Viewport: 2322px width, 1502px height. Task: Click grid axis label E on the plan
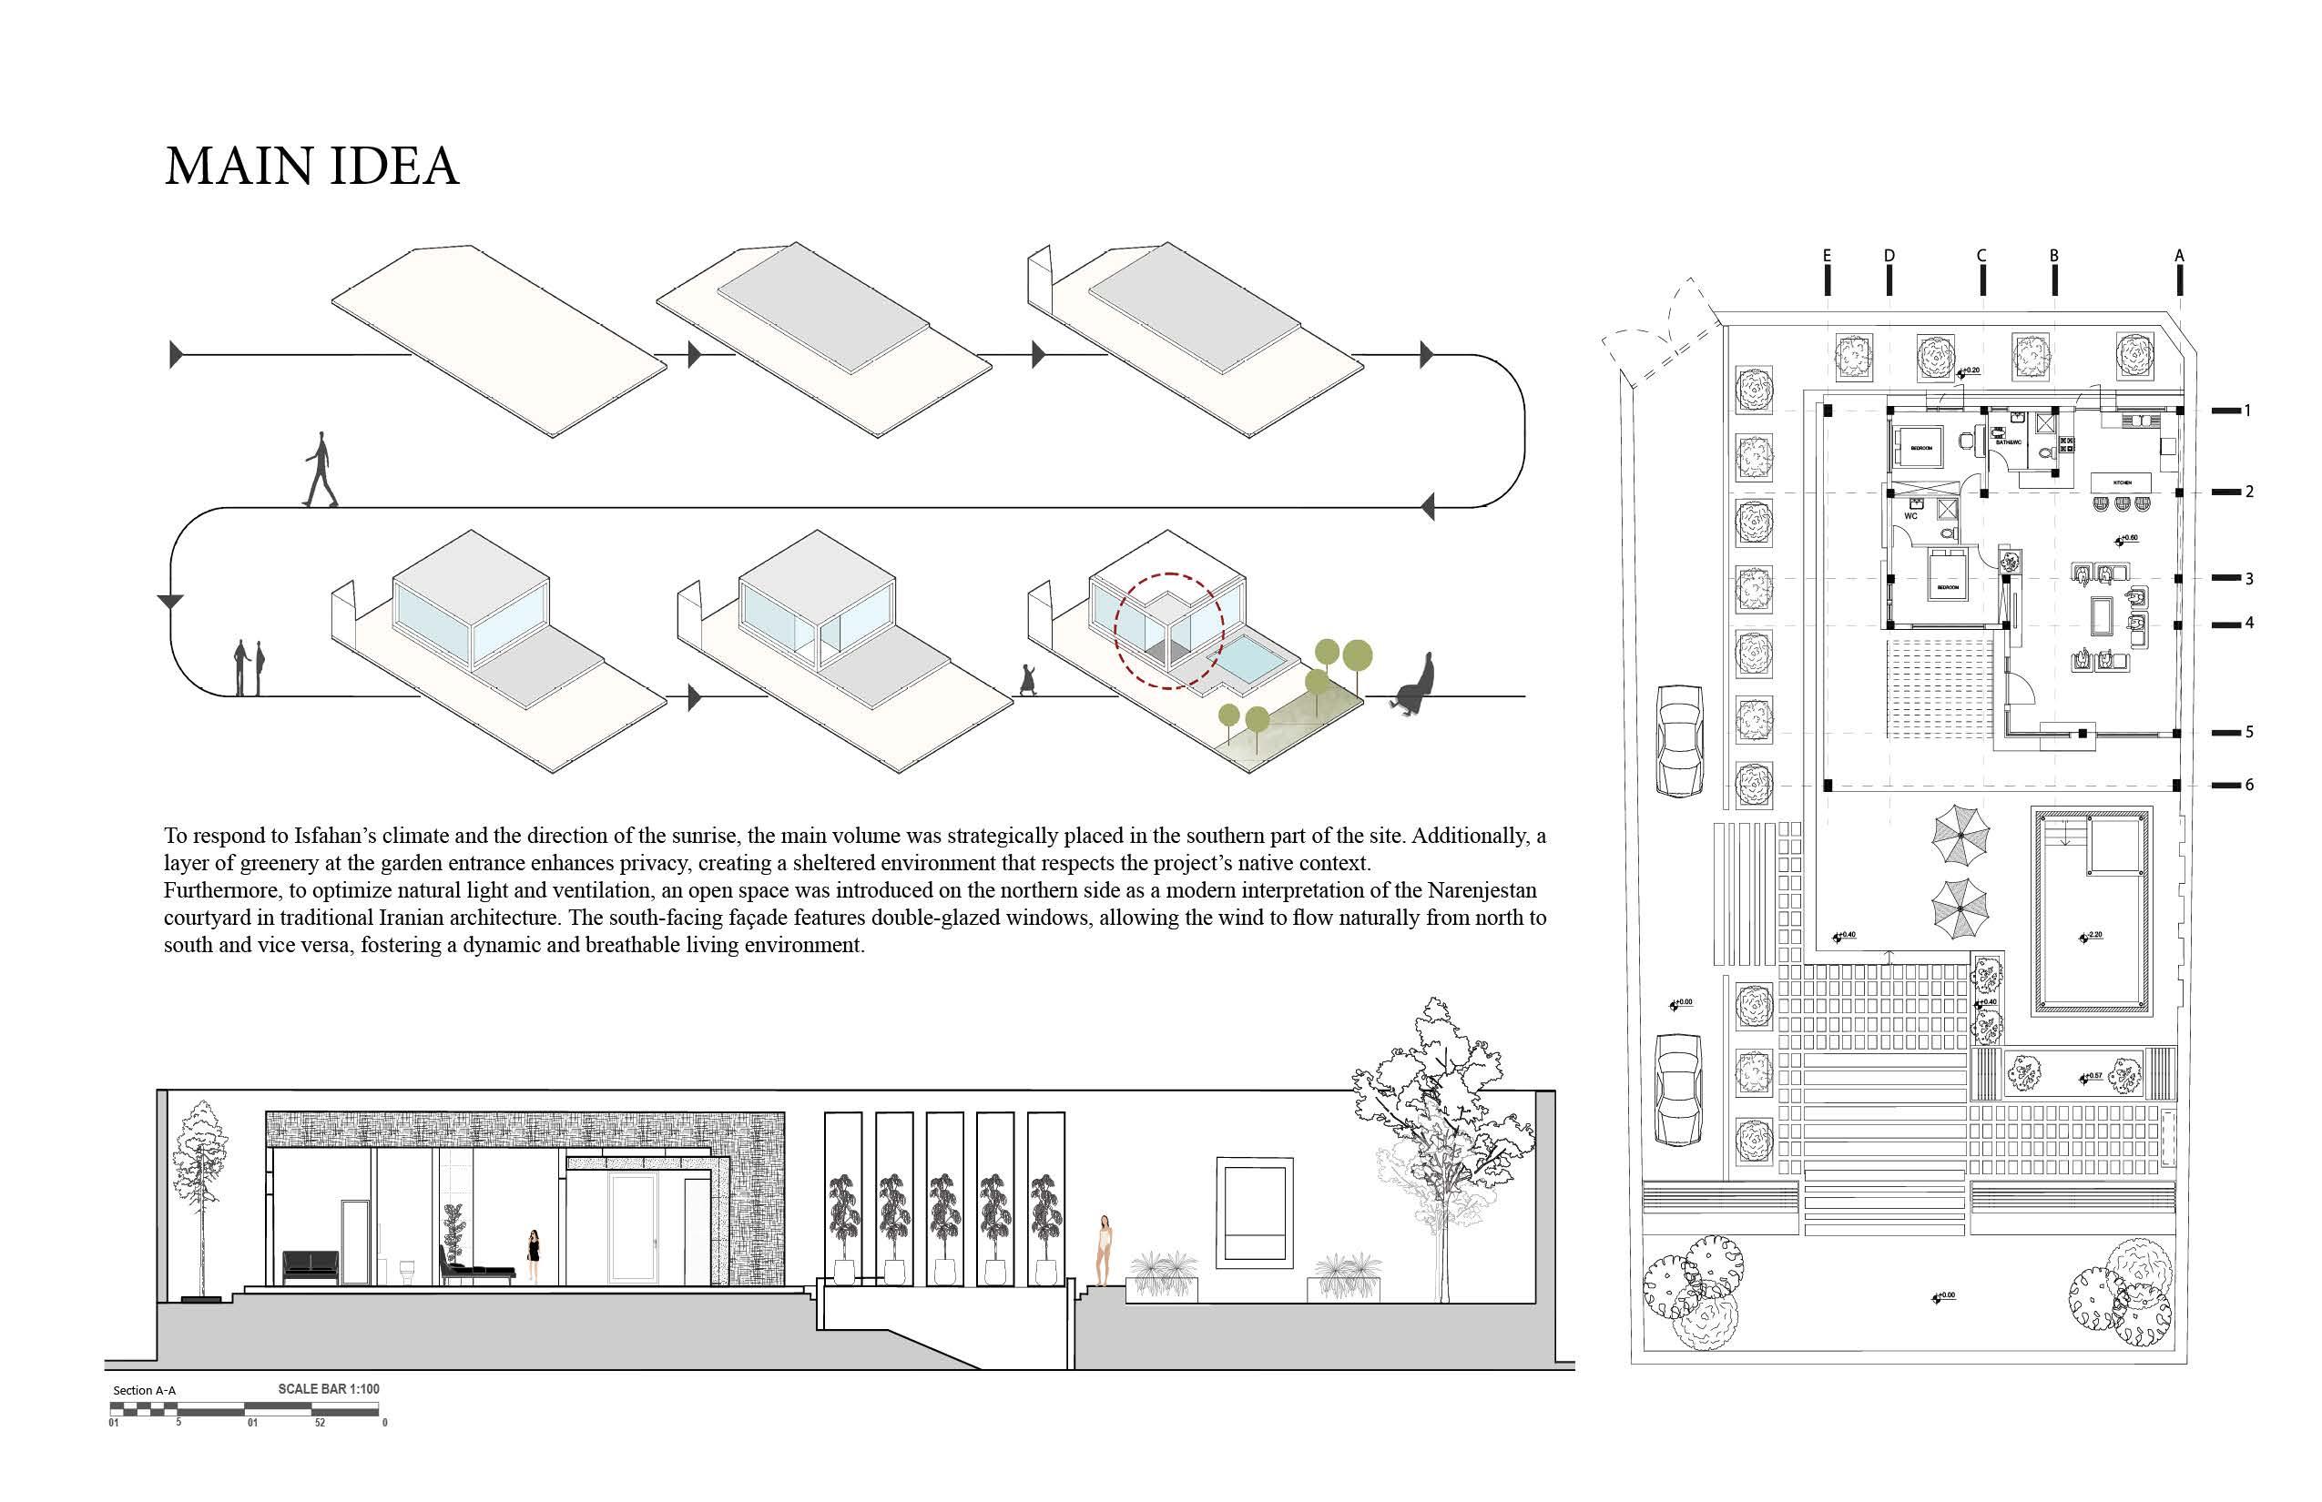[1827, 256]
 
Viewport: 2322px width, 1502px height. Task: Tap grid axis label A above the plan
[2178, 256]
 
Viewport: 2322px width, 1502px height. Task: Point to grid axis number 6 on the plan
[2249, 785]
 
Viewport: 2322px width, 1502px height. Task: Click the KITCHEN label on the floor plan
[2122, 482]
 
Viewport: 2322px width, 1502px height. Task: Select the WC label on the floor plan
[1910, 516]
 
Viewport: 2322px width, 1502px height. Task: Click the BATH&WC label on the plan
[2008, 442]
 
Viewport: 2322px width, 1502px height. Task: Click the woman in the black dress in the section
[533, 1254]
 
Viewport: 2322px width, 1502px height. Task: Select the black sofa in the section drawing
[311, 1267]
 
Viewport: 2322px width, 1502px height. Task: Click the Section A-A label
[145, 1391]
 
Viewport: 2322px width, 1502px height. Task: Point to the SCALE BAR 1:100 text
[328, 1389]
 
